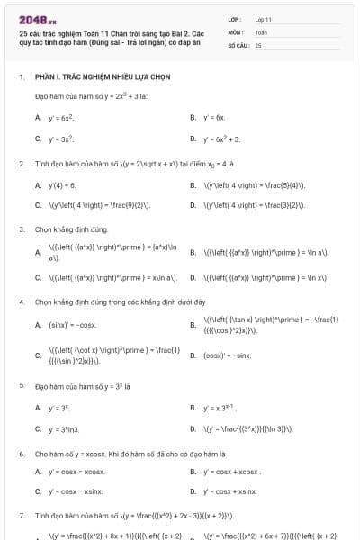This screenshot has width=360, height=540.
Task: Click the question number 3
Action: pos(21,229)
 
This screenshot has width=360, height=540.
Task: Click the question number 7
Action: pos(21,517)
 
